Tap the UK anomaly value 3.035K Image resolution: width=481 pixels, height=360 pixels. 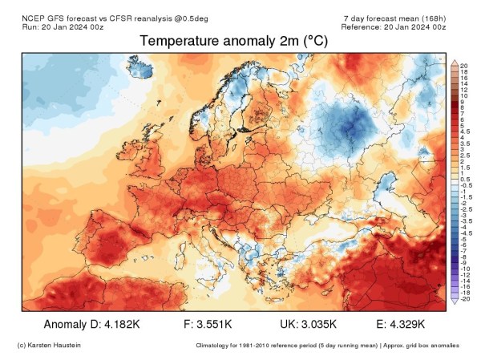(318, 325)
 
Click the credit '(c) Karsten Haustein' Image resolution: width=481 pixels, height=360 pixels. (48, 346)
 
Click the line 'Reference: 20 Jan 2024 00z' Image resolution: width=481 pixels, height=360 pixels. (392, 26)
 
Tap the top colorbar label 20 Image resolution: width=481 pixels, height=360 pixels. (464, 66)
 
